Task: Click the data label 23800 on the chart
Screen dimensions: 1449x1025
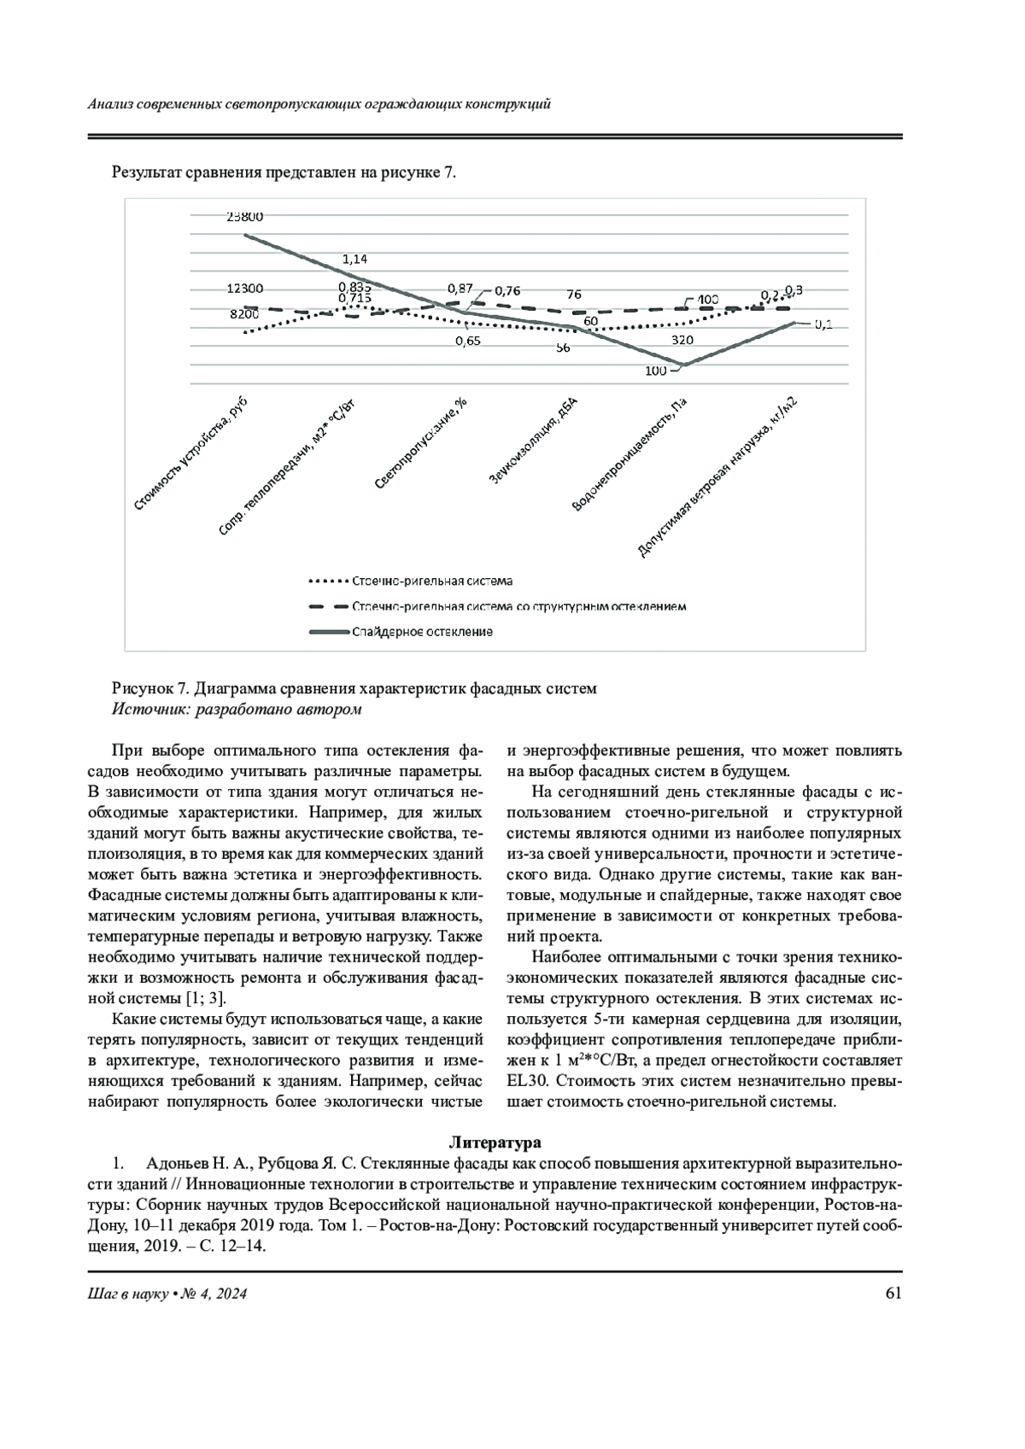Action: click(244, 217)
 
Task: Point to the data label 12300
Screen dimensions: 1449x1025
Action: click(244, 289)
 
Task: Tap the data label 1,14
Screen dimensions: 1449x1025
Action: click(354, 259)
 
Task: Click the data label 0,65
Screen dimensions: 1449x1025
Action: click(467, 341)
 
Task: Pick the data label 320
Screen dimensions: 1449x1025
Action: click(682, 339)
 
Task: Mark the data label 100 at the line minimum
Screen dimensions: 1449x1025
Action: click(656, 371)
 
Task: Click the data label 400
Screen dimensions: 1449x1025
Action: click(707, 300)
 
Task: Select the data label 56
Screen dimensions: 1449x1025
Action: click(563, 348)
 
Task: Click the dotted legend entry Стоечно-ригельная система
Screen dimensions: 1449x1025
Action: click(431, 581)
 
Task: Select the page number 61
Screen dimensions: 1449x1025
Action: click(893, 1293)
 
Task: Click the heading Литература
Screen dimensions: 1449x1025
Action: click(495, 1142)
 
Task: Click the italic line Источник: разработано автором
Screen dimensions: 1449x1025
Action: click(237, 709)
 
